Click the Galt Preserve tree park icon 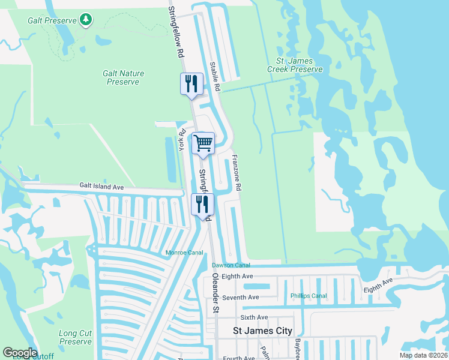86,20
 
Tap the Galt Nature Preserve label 123,77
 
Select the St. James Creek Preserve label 299,65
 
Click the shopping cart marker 203,143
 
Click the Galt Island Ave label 101,187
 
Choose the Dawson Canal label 231,265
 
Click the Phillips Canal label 309,296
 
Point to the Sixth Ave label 254,317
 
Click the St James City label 262,331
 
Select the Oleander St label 214,293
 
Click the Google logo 19,353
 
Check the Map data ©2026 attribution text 423,355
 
